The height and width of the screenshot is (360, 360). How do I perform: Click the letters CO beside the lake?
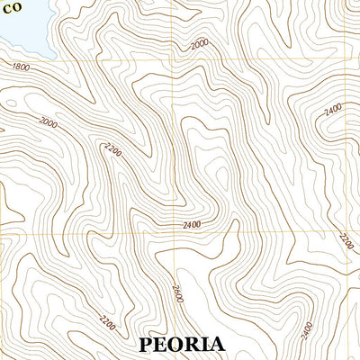11,7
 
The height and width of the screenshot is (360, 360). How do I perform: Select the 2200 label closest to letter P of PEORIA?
107,320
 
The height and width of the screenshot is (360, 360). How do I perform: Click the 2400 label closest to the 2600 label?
191,223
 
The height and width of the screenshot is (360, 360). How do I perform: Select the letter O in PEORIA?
179,344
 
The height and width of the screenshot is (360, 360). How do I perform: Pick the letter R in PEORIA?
196,344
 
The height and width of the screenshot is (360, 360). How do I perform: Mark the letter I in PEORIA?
209,344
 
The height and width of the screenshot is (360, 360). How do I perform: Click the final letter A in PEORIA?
220,344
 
